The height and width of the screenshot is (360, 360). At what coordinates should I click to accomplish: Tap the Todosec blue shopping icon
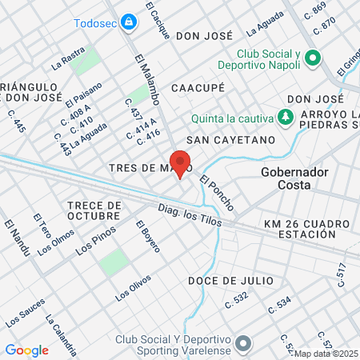(x=128, y=22)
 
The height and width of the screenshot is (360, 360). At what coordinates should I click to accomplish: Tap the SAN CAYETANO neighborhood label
(x=230, y=140)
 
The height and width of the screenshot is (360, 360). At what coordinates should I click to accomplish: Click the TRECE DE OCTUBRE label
(x=94, y=211)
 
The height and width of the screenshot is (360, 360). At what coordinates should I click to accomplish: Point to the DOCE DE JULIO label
(x=230, y=281)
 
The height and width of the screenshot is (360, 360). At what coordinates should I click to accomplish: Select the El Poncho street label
(x=218, y=193)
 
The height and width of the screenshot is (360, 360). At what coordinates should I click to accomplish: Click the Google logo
(x=26, y=350)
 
